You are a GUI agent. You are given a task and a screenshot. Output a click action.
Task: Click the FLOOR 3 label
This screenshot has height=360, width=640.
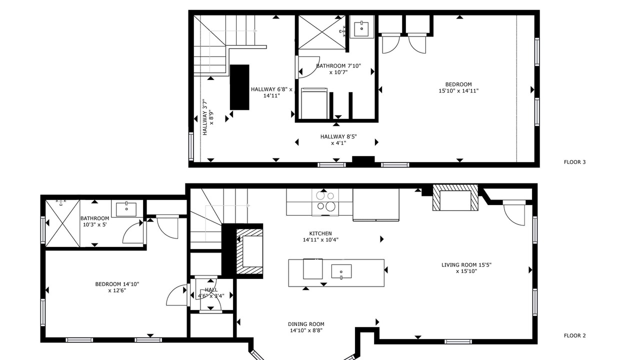(574, 162)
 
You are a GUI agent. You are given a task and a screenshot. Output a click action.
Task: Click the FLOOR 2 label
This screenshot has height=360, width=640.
(574, 335)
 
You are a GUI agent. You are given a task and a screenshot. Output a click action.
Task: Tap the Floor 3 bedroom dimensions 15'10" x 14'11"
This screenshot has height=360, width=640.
(458, 91)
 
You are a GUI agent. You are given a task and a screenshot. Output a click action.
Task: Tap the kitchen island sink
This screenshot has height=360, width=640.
(341, 271)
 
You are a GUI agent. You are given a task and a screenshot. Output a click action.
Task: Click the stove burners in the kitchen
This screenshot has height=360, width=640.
(325, 201)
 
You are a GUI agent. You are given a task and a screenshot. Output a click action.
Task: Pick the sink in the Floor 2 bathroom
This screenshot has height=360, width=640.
(126, 209)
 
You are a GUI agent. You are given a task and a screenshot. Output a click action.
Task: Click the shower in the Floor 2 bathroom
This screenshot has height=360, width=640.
(62, 223)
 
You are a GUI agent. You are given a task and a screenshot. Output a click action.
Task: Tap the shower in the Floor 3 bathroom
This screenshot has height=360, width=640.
(321, 32)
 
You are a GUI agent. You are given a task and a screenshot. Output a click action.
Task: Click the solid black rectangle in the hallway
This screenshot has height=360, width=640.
(239, 87)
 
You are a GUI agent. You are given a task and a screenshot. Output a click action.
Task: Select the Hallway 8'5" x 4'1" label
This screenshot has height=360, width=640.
(338, 139)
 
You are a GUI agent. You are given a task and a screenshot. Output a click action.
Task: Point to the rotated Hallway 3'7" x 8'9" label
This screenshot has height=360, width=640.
(208, 117)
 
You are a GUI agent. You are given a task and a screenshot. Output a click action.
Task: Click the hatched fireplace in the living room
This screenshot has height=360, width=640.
(455, 197)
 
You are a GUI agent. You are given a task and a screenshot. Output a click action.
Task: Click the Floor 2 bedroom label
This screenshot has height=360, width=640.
(117, 287)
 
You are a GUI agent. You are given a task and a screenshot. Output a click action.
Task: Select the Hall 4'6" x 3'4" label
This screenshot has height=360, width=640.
(211, 293)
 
